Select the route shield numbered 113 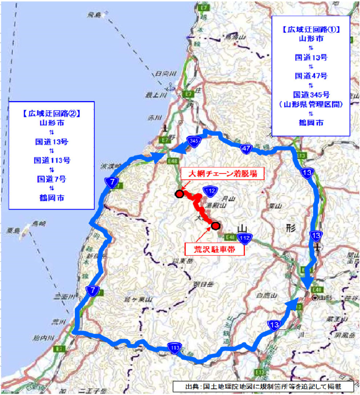173,348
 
